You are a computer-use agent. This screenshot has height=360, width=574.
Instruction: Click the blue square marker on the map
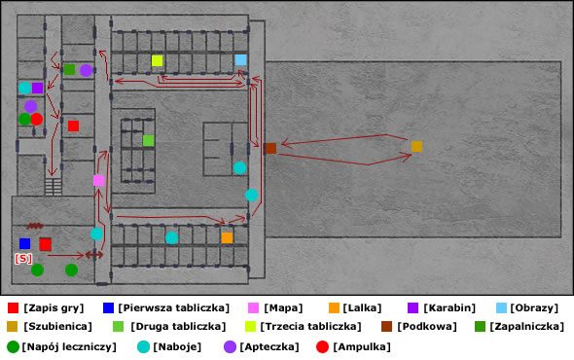(24, 243)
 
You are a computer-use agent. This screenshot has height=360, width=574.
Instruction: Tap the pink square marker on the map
(98, 180)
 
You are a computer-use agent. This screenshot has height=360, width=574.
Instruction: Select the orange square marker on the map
(227, 237)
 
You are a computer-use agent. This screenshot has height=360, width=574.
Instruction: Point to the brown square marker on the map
(269, 149)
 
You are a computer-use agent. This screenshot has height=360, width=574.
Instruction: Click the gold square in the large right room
(416, 147)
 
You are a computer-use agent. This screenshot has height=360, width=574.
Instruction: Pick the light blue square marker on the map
(240, 60)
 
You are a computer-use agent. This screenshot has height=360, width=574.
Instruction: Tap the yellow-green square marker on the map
(157, 61)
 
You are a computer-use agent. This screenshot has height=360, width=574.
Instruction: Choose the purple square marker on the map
(37, 88)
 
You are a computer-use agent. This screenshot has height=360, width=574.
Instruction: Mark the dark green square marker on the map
(69, 69)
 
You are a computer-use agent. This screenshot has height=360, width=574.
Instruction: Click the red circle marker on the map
(36, 119)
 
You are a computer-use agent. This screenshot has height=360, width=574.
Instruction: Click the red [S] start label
(23, 259)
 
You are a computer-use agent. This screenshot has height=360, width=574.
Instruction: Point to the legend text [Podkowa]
(425, 326)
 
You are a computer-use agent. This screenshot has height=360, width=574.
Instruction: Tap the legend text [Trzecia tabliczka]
(310, 326)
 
